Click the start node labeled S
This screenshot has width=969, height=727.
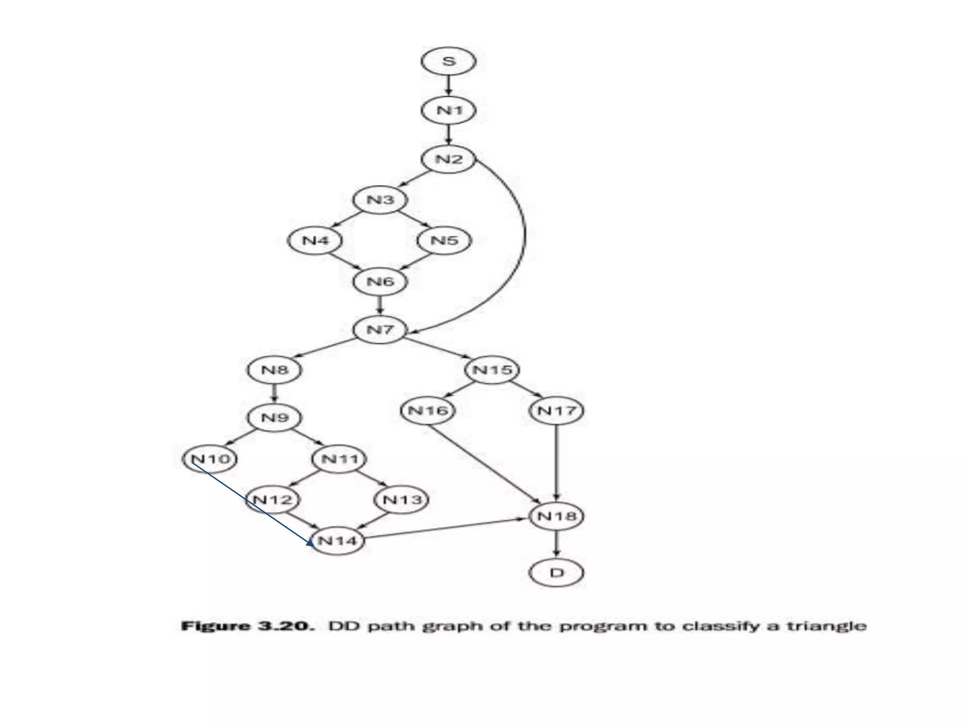[x=448, y=62]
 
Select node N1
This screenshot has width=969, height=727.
[x=448, y=111]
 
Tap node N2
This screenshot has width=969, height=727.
[x=448, y=159]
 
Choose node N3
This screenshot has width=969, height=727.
[x=380, y=200]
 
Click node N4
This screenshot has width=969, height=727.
[x=315, y=240]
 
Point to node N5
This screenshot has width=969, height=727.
[x=444, y=240]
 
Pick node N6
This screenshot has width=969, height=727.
[x=380, y=282]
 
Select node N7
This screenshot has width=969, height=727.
[x=380, y=329]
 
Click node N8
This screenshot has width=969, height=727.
[x=274, y=370]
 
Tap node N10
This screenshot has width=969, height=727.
[x=210, y=458]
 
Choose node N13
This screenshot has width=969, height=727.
[x=401, y=499]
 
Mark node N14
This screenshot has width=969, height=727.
[x=337, y=541]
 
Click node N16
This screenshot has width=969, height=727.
[x=428, y=410]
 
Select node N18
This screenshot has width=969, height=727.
[x=556, y=516]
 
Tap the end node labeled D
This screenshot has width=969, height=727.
[x=556, y=573]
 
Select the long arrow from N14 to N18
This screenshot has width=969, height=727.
[x=445, y=528]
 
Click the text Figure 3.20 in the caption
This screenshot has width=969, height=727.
[x=247, y=626]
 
